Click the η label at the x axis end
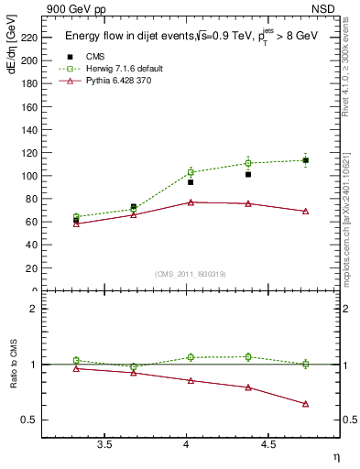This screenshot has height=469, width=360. [335, 456]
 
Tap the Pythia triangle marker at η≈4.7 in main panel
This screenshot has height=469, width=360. [305, 211]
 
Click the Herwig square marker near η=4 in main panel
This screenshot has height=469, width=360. [191, 172]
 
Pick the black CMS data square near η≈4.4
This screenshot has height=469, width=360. [248, 174]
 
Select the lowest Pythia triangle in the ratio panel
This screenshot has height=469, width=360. [305, 404]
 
